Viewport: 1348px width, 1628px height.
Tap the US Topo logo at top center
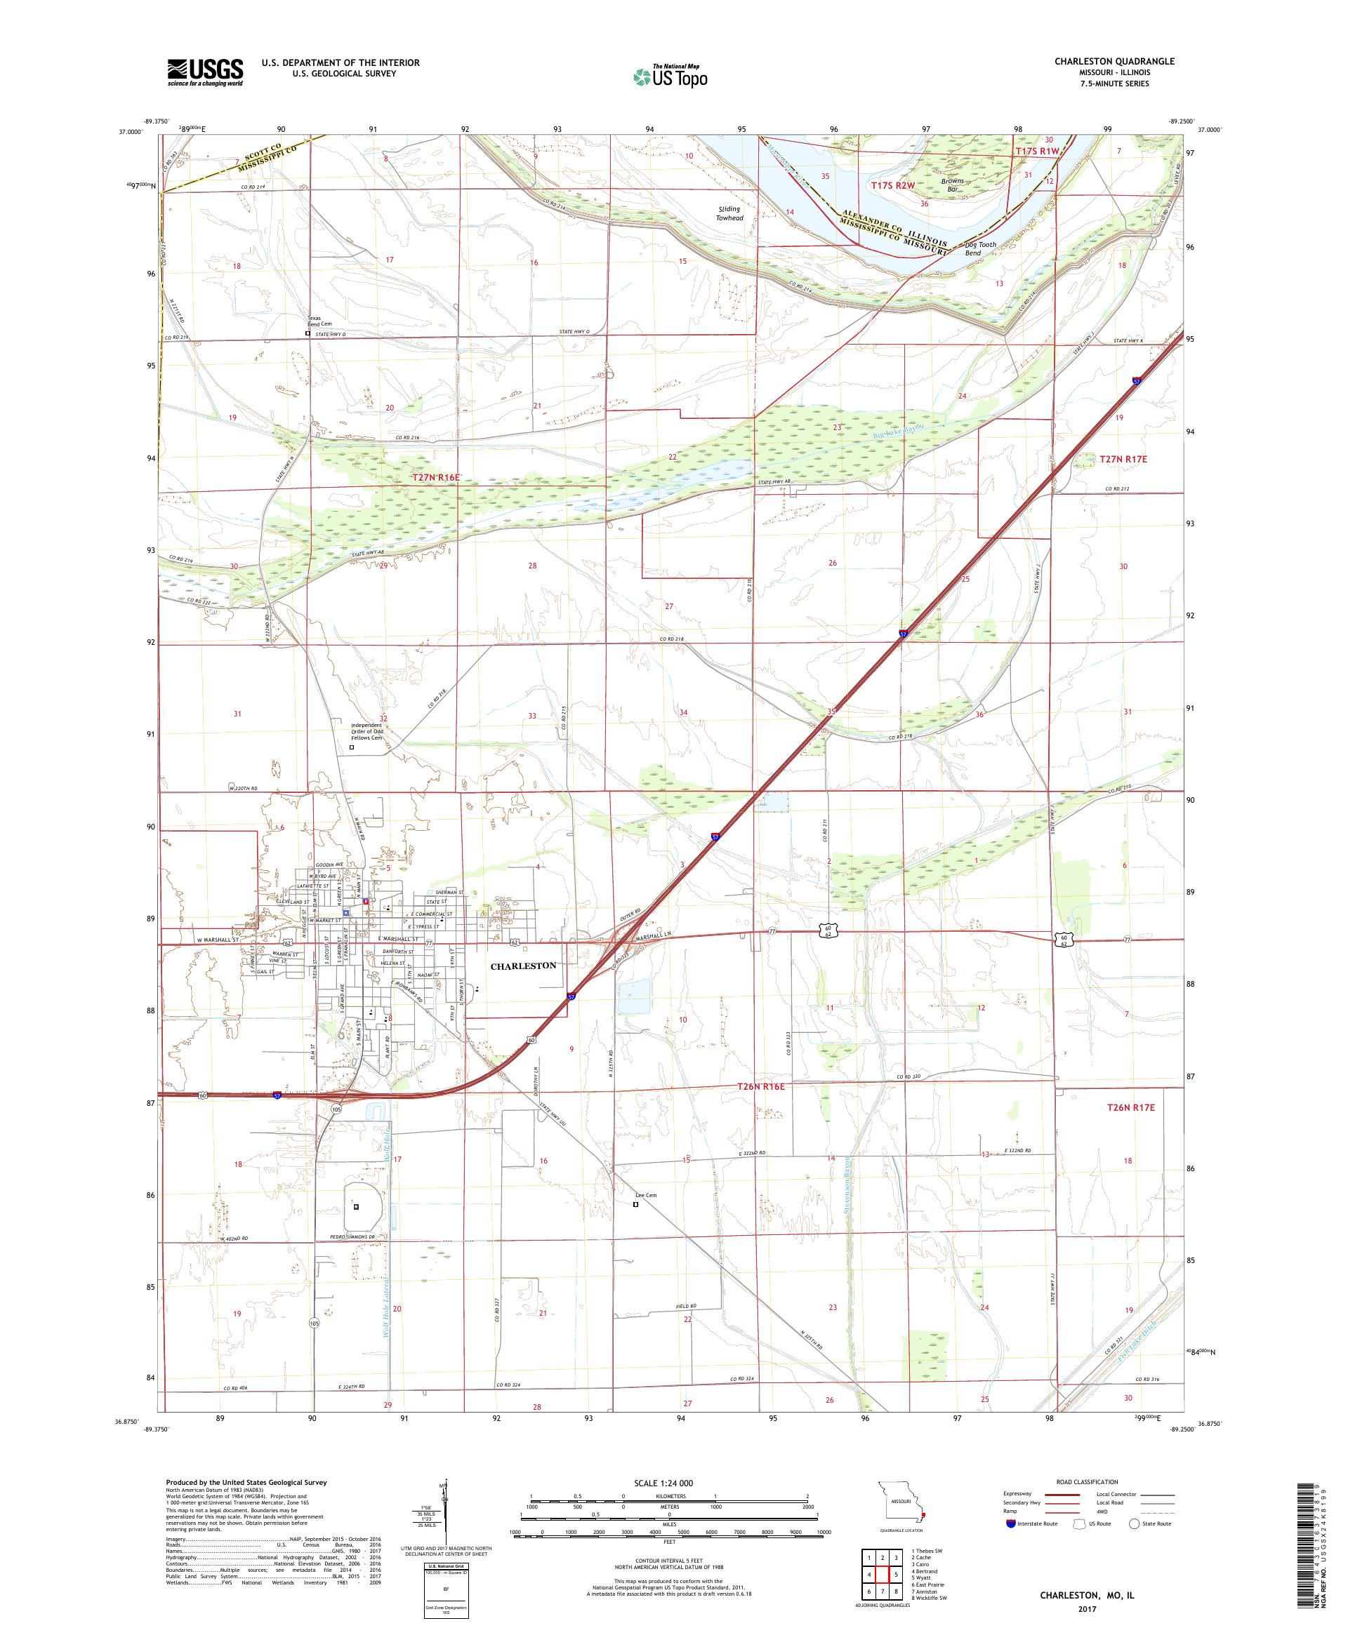(671, 76)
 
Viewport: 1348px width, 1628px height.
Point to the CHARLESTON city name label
(523, 965)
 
